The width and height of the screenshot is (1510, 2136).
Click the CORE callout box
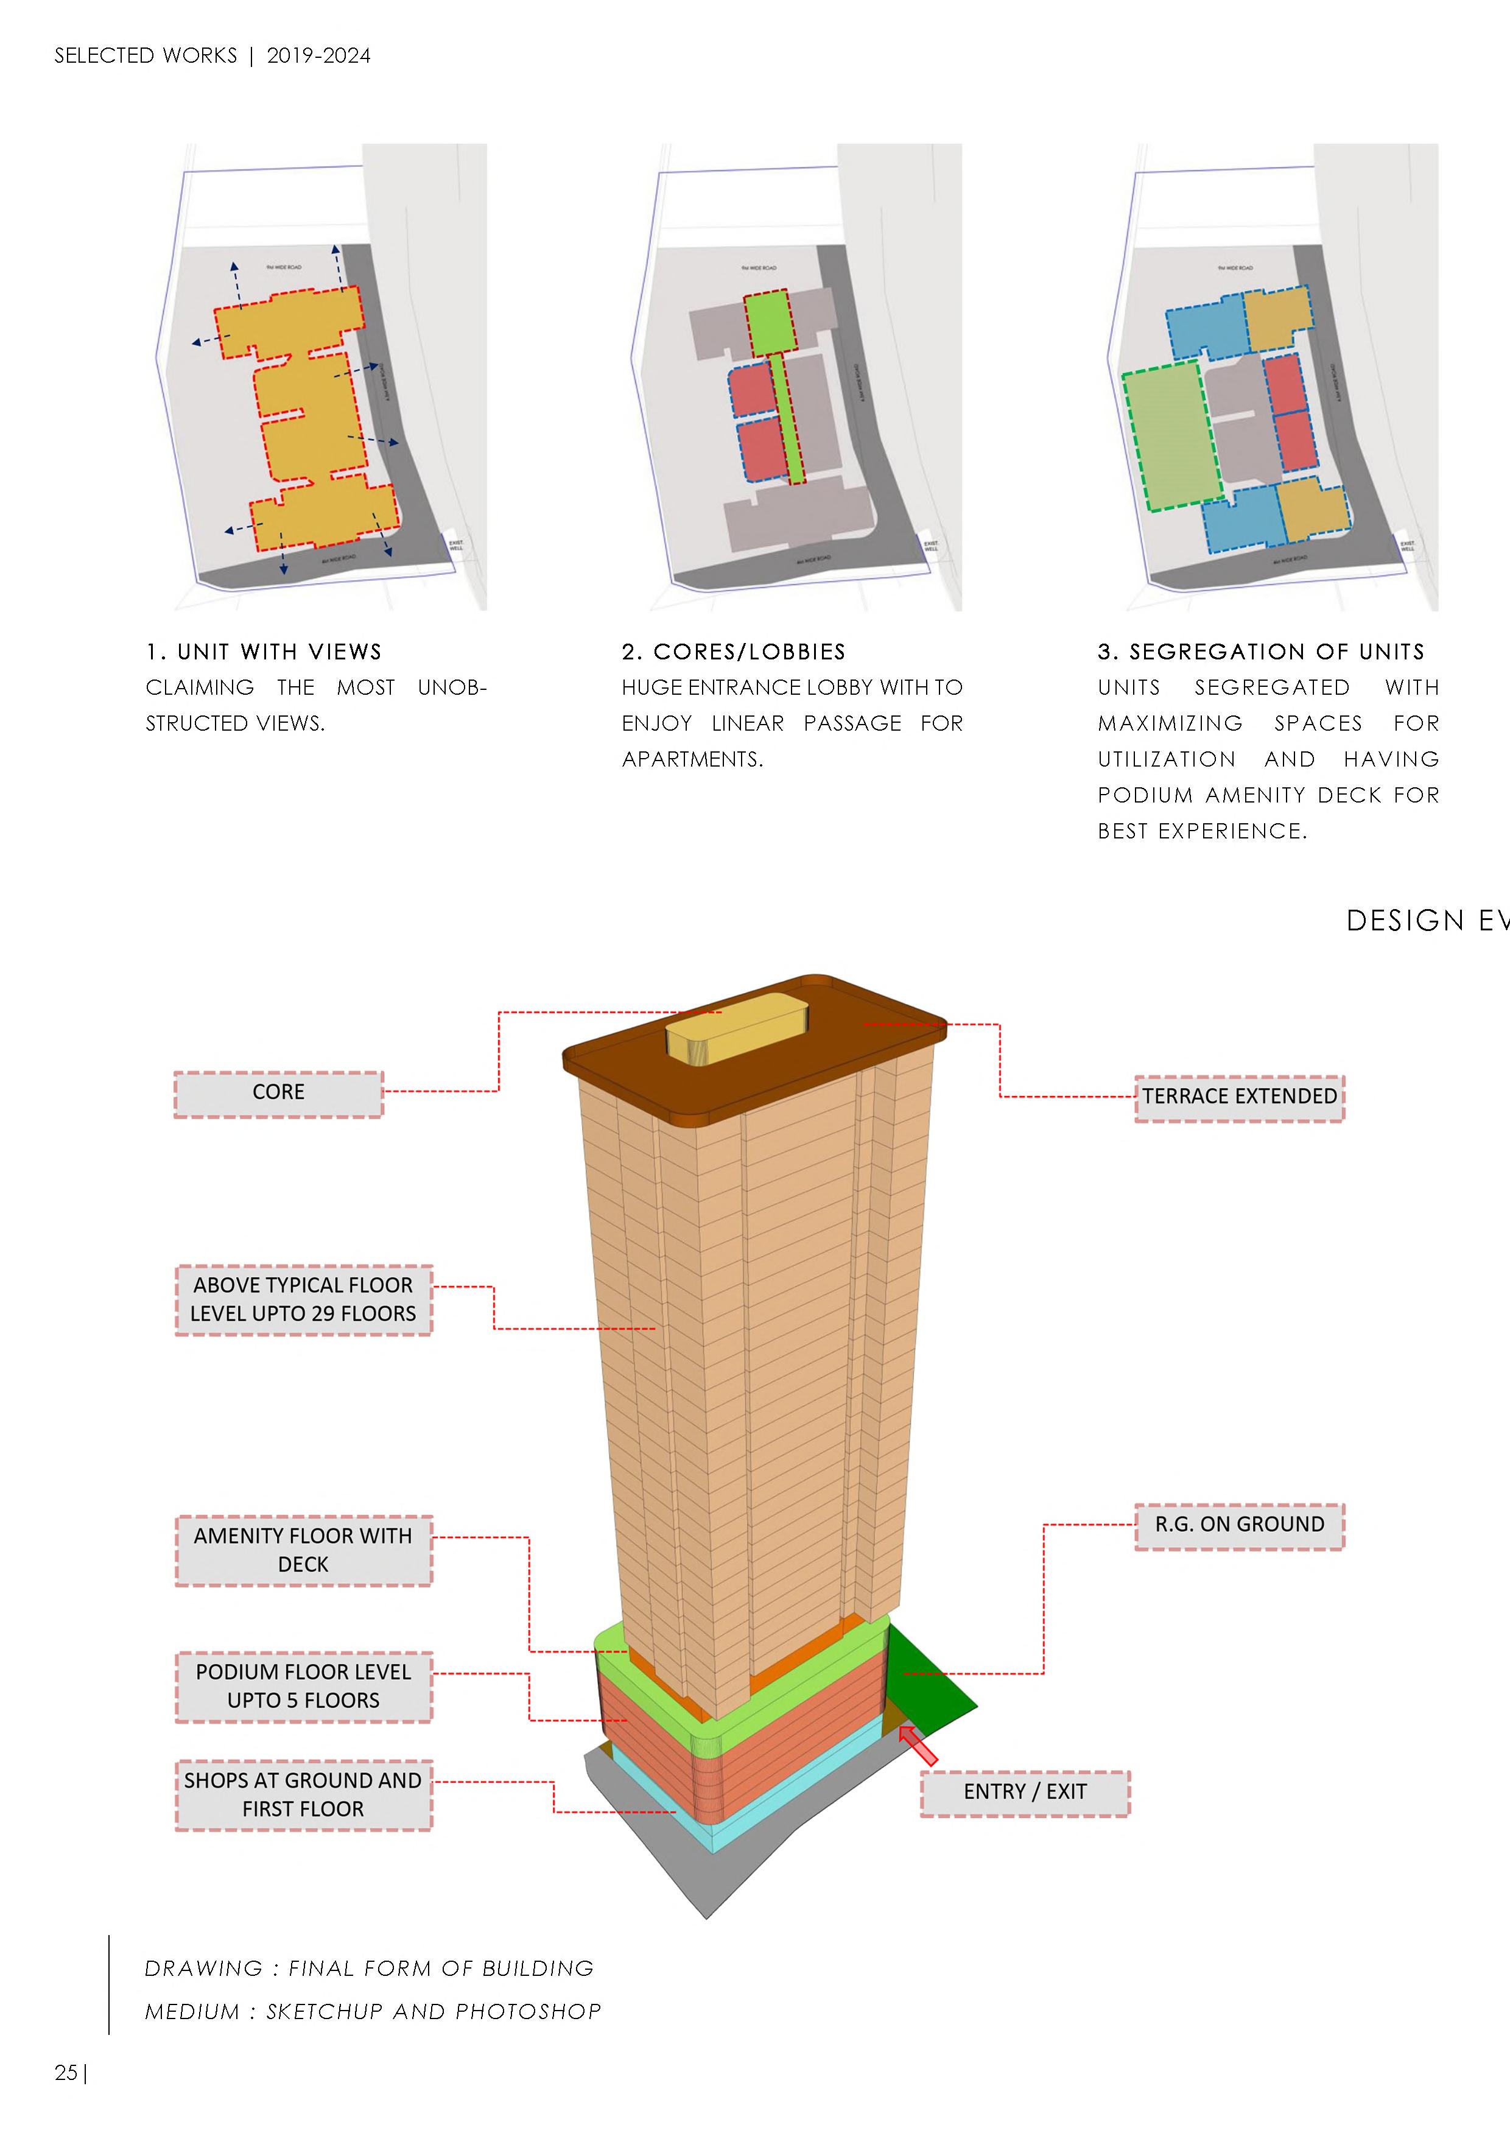click(278, 1093)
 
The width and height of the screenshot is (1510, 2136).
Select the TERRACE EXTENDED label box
click(1238, 1098)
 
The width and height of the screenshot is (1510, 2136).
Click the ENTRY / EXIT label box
click(1024, 1792)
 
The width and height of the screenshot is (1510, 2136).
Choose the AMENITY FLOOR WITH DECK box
click(303, 1550)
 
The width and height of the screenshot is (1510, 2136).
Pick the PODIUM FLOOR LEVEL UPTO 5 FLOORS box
click(303, 1686)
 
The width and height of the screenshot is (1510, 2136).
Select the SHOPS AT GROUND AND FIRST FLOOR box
click(303, 1794)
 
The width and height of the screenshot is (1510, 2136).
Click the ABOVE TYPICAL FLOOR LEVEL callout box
click(303, 1299)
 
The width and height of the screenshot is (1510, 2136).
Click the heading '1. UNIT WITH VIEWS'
click(263, 652)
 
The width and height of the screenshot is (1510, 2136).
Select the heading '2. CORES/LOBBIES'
click(733, 652)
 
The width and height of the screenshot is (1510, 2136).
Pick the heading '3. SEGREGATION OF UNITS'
click(1260, 652)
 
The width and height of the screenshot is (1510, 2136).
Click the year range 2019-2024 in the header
click(318, 56)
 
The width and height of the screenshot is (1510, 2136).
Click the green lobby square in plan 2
click(768, 322)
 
